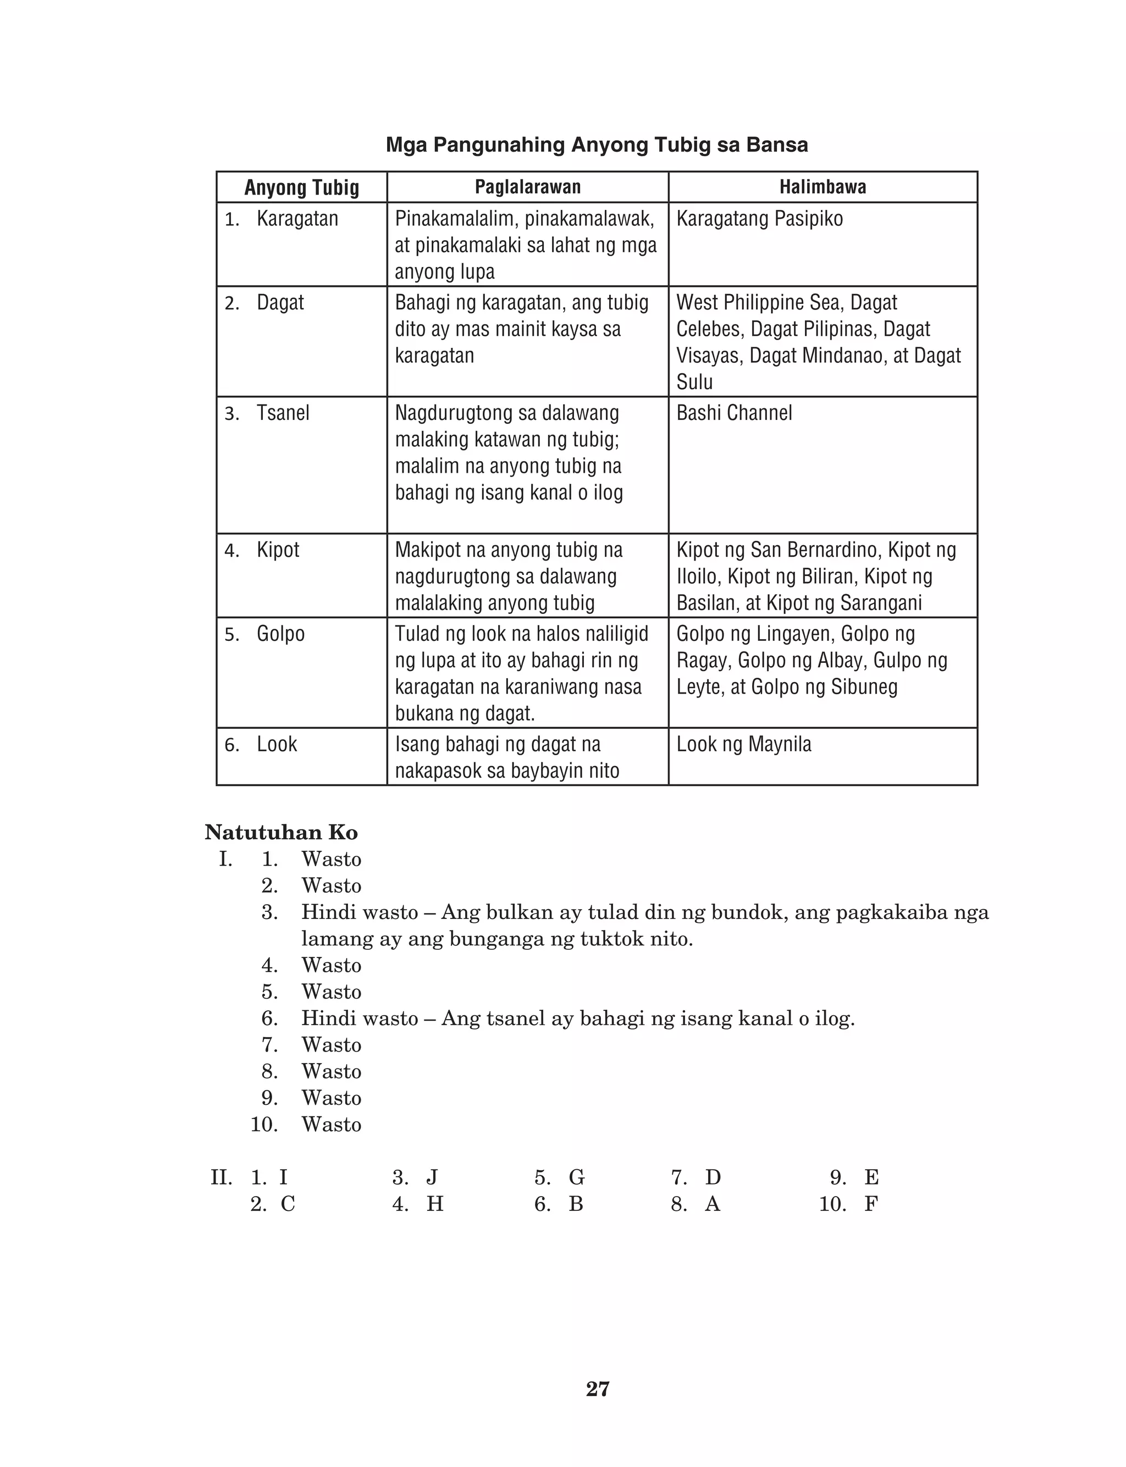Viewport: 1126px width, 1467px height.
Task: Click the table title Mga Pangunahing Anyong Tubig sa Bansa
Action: click(597, 145)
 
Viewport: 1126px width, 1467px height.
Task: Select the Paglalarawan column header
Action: click(527, 187)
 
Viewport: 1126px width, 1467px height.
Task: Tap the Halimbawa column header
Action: click(823, 187)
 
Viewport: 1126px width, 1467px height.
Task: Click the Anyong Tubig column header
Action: click(302, 187)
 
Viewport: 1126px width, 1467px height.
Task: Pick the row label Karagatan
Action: click(297, 218)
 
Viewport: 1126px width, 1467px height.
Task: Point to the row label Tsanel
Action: click(283, 413)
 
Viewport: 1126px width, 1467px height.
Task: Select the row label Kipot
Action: click(278, 550)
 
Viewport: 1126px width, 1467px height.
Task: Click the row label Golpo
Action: click(280, 634)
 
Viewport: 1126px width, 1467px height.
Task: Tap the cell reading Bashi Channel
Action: click(734, 413)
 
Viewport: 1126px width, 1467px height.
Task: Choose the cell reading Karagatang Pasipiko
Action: click(759, 218)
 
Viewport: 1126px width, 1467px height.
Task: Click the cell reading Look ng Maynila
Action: click(743, 744)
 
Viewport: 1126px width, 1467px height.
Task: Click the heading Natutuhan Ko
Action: click(281, 833)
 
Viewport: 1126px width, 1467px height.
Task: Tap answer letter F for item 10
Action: click(871, 1204)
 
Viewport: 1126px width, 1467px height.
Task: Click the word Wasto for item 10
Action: click(331, 1125)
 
